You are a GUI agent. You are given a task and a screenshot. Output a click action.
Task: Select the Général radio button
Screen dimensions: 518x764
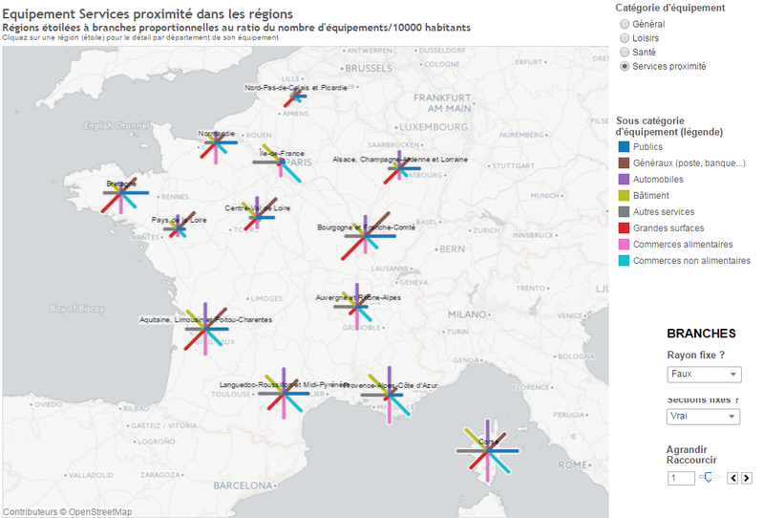coord(625,24)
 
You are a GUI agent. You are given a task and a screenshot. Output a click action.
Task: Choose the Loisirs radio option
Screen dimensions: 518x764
coord(625,38)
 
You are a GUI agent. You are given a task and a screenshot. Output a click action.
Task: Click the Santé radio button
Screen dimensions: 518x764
coord(625,53)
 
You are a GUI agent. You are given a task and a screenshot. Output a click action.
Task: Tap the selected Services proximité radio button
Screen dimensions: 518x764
coord(625,67)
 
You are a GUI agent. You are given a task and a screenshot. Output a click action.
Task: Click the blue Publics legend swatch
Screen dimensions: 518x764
coord(624,147)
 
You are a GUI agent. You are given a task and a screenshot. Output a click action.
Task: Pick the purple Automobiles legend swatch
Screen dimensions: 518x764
coord(624,180)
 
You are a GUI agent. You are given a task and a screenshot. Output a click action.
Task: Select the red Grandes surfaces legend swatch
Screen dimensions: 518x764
coord(624,228)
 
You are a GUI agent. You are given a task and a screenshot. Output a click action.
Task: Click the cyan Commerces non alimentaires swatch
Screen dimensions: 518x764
coord(624,261)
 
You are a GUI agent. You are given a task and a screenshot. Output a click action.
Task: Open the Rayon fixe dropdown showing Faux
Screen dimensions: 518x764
coord(703,375)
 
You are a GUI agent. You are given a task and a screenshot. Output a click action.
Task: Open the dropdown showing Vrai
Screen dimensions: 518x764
coord(703,417)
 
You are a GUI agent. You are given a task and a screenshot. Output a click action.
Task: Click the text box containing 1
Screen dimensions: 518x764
coord(681,478)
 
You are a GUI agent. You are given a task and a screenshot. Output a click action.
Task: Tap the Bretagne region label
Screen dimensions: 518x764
coord(121,183)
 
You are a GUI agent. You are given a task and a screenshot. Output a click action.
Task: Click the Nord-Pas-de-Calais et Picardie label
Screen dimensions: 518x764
coord(296,88)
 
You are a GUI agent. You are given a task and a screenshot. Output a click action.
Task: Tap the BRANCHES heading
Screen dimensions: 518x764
coord(701,334)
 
